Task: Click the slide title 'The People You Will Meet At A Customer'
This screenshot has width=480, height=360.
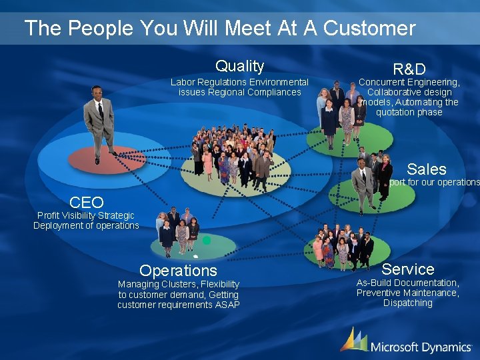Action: click(x=219, y=28)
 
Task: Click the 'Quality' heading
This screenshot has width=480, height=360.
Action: click(x=239, y=66)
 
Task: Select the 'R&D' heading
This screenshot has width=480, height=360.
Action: click(x=409, y=69)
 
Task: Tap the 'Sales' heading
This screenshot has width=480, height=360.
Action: click(x=426, y=169)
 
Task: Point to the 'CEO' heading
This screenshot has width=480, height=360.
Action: click(x=87, y=202)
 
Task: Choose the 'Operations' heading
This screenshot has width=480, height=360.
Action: click(x=178, y=270)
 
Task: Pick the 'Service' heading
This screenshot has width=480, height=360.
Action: click(x=407, y=269)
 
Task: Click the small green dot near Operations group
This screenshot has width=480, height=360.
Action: click(x=207, y=239)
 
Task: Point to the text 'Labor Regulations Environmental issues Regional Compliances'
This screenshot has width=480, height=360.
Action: click(x=239, y=87)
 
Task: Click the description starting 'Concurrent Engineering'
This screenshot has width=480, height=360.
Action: click(x=409, y=97)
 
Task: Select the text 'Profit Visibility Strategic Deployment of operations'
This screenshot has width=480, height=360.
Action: click(x=86, y=220)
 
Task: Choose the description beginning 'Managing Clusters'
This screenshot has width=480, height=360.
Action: click(x=178, y=294)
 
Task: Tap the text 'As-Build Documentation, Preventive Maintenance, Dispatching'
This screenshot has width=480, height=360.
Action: click(x=407, y=293)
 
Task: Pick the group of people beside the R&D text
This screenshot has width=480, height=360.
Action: click(x=341, y=110)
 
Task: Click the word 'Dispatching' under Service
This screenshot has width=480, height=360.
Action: click(x=407, y=303)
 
